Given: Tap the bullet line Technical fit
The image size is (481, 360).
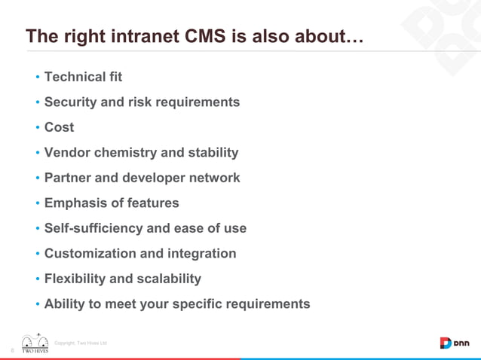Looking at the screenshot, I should click(83, 77).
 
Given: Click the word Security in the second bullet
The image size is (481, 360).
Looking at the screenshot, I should click(71, 102).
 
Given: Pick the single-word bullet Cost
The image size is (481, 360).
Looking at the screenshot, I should click(59, 127).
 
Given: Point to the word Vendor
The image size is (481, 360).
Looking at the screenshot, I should click(66, 153).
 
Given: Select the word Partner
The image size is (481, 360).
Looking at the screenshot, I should click(68, 178).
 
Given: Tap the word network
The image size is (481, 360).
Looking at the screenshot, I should click(212, 178).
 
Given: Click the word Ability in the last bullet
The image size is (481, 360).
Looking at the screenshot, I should click(64, 304).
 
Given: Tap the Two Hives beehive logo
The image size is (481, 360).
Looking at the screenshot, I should click(35, 343).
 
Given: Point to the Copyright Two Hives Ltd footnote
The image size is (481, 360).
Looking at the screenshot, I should click(86, 343).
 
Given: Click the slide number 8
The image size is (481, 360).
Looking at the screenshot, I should click(12, 349).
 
